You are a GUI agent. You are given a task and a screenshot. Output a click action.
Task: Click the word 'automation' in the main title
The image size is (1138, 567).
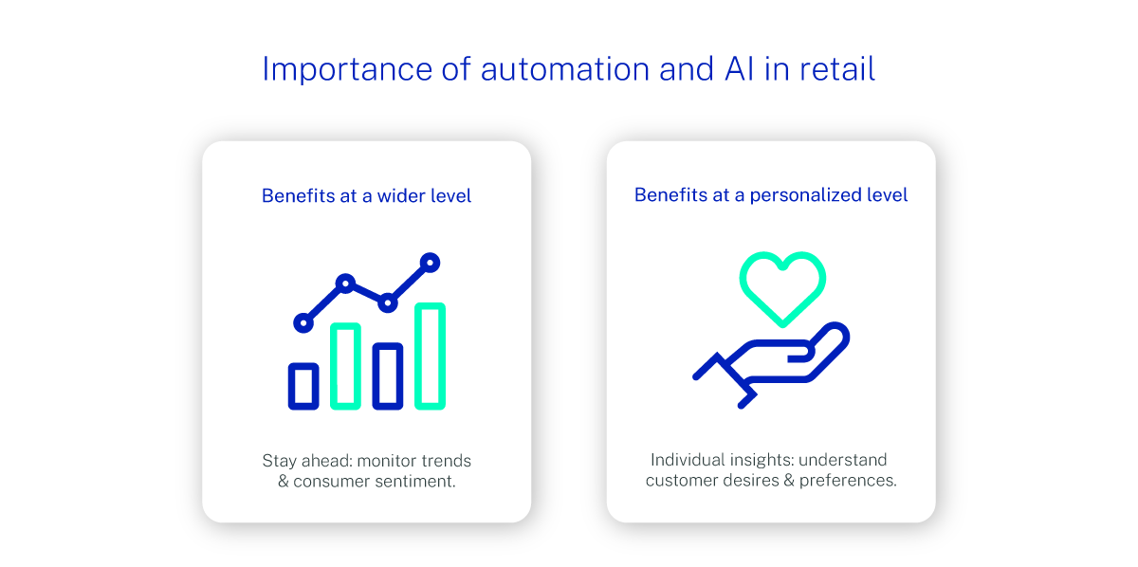coord(565,69)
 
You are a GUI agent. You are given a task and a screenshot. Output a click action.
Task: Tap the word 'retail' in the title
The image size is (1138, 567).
coord(837,69)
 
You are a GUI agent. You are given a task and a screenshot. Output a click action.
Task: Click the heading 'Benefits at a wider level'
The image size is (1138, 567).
coord(366,195)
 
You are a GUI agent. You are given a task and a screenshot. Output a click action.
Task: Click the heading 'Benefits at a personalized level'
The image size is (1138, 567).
coord(771,195)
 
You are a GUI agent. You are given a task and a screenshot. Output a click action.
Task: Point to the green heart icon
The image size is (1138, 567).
coord(782,321)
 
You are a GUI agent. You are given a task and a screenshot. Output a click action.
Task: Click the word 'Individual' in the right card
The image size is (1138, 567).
coord(688,460)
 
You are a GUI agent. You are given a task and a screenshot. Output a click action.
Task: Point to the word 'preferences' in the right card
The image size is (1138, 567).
coord(848,481)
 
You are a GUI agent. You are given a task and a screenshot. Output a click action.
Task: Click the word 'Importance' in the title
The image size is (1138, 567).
coord(347,69)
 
